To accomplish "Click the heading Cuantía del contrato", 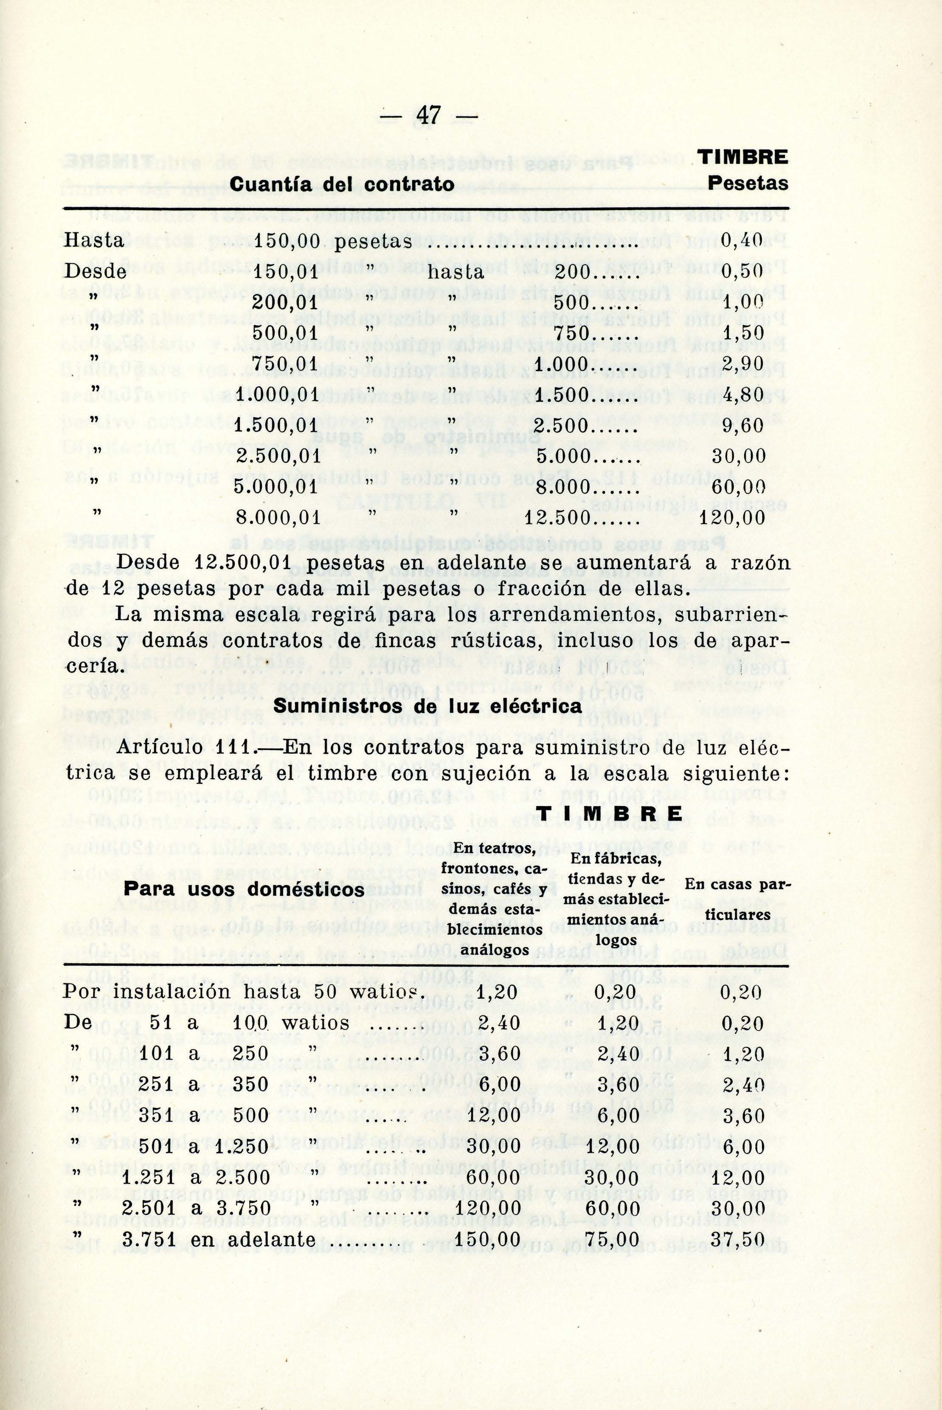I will point(343,183).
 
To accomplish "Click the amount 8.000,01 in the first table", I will point(278,517).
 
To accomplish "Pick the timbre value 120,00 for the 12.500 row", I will point(733,517).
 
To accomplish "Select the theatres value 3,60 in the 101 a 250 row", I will point(499,1053).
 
